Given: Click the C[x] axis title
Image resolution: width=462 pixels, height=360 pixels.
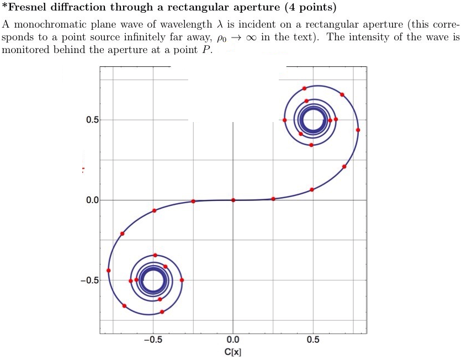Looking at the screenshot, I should tap(233, 352).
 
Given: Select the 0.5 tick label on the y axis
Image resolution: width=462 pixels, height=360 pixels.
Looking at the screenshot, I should tap(92, 120).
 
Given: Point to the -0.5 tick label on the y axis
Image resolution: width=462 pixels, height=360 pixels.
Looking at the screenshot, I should tap(89, 280).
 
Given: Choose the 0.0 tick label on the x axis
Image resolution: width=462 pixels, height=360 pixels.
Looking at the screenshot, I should tap(233, 340).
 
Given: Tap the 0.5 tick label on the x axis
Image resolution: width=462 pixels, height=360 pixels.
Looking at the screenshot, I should tap(313, 340).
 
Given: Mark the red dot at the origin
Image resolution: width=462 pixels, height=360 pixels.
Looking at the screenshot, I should tap(233, 200).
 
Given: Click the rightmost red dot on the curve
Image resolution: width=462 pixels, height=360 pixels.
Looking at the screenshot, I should tap(358, 130).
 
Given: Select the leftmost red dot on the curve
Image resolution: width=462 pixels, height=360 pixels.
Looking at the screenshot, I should tap(109, 271).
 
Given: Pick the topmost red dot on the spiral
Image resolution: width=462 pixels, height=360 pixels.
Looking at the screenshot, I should tap(304, 88).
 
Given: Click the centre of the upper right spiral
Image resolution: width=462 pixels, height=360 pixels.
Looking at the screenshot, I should tap(313, 120).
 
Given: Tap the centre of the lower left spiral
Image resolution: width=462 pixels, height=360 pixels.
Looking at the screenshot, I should tap(153, 280).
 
